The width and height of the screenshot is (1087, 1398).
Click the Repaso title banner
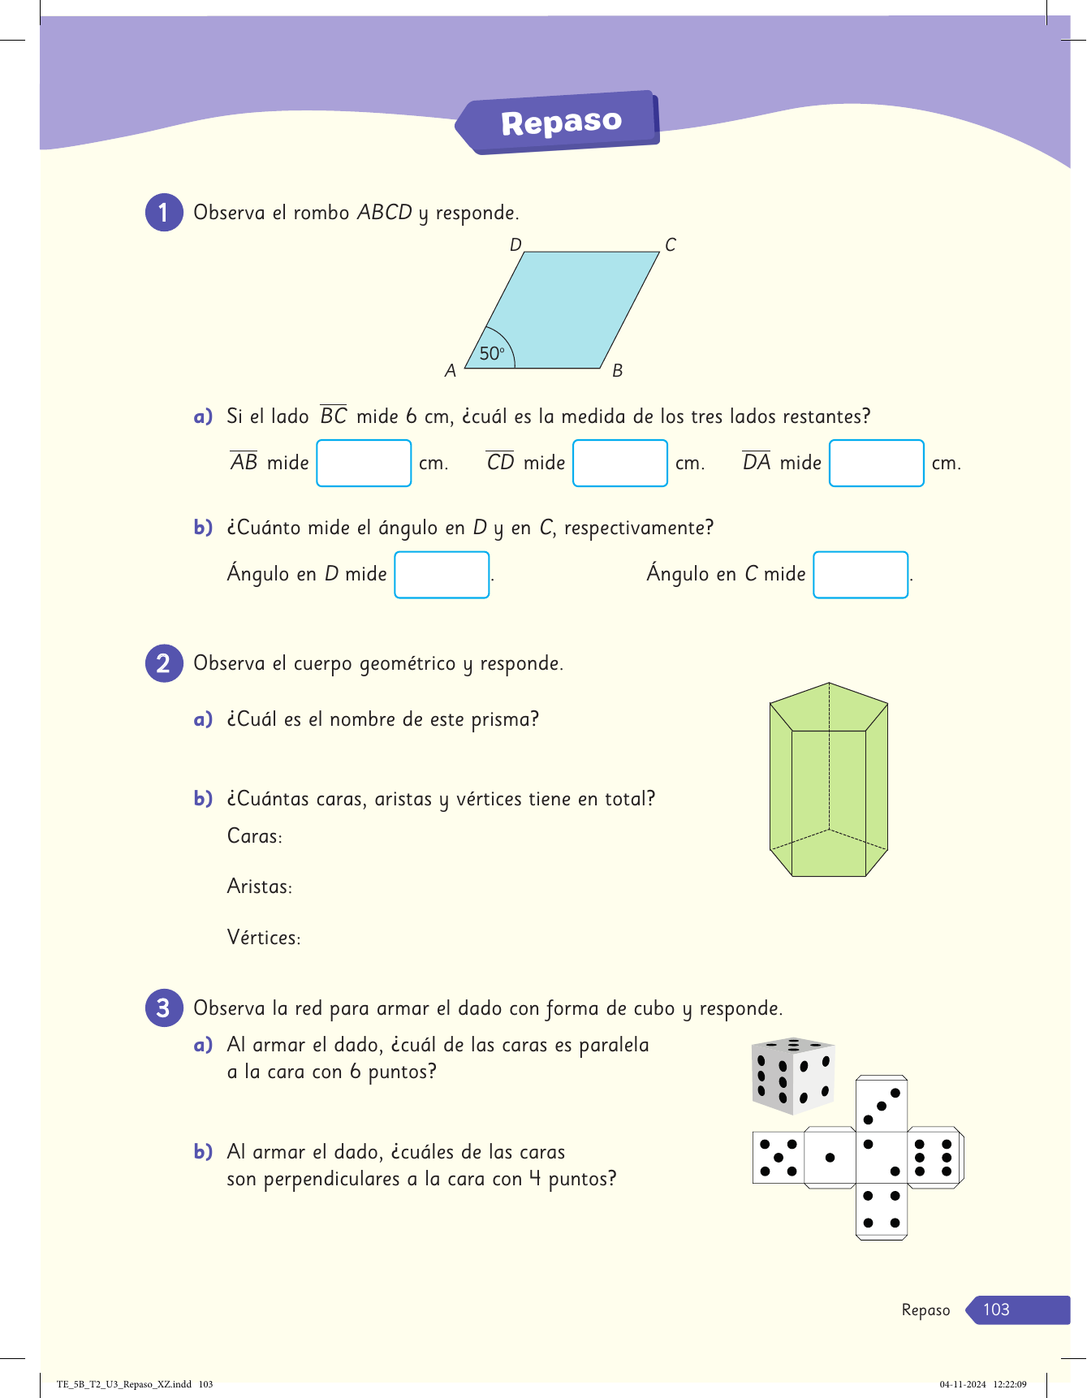tap(560, 123)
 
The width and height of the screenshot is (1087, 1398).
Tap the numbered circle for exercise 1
tap(164, 213)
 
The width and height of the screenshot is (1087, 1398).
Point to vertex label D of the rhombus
tap(515, 244)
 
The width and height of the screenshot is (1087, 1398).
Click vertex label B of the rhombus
tap(617, 371)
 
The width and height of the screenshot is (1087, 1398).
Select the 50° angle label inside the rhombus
tap(492, 353)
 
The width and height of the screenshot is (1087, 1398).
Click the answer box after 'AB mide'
tap(364, 463)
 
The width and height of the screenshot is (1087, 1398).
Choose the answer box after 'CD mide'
tap(620, 463)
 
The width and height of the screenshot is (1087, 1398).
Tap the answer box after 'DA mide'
tap(877, 463)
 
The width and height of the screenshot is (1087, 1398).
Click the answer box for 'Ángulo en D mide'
tap(442, 575)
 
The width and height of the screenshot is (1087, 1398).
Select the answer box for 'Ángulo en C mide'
tap(861, 575)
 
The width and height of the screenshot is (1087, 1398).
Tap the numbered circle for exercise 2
tap(164, 663)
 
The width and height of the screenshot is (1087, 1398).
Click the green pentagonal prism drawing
tap(828, 779)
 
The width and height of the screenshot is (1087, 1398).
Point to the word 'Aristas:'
tap(260, 887)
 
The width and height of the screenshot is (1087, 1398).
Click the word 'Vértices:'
tap(264, 938)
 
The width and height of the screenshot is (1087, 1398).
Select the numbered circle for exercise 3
tap(164, 1008)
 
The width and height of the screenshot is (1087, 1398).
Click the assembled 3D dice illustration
tap(793, 1075)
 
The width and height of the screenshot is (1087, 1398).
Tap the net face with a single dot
tap(830, 1158)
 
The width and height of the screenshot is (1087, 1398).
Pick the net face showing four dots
tap(882, 1209)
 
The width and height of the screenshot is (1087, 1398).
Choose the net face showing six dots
tap(934, 1158)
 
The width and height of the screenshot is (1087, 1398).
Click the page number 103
tap(996, 1310)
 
